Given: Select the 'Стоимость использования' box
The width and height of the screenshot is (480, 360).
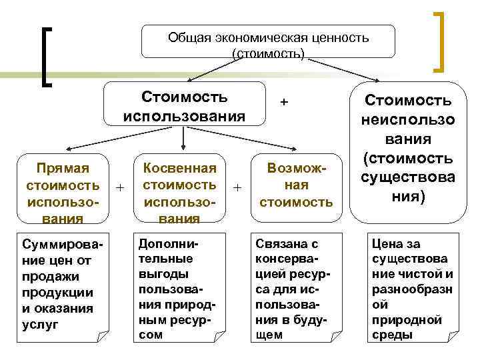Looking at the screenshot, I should point(184,105).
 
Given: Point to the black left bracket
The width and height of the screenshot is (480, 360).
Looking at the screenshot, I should point(47,57).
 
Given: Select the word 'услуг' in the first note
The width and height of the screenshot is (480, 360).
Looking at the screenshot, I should point(41,325).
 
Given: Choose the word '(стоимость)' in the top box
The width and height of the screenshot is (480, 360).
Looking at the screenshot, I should point(268,51).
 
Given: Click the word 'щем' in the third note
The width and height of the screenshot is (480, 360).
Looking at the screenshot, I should point(269,335).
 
